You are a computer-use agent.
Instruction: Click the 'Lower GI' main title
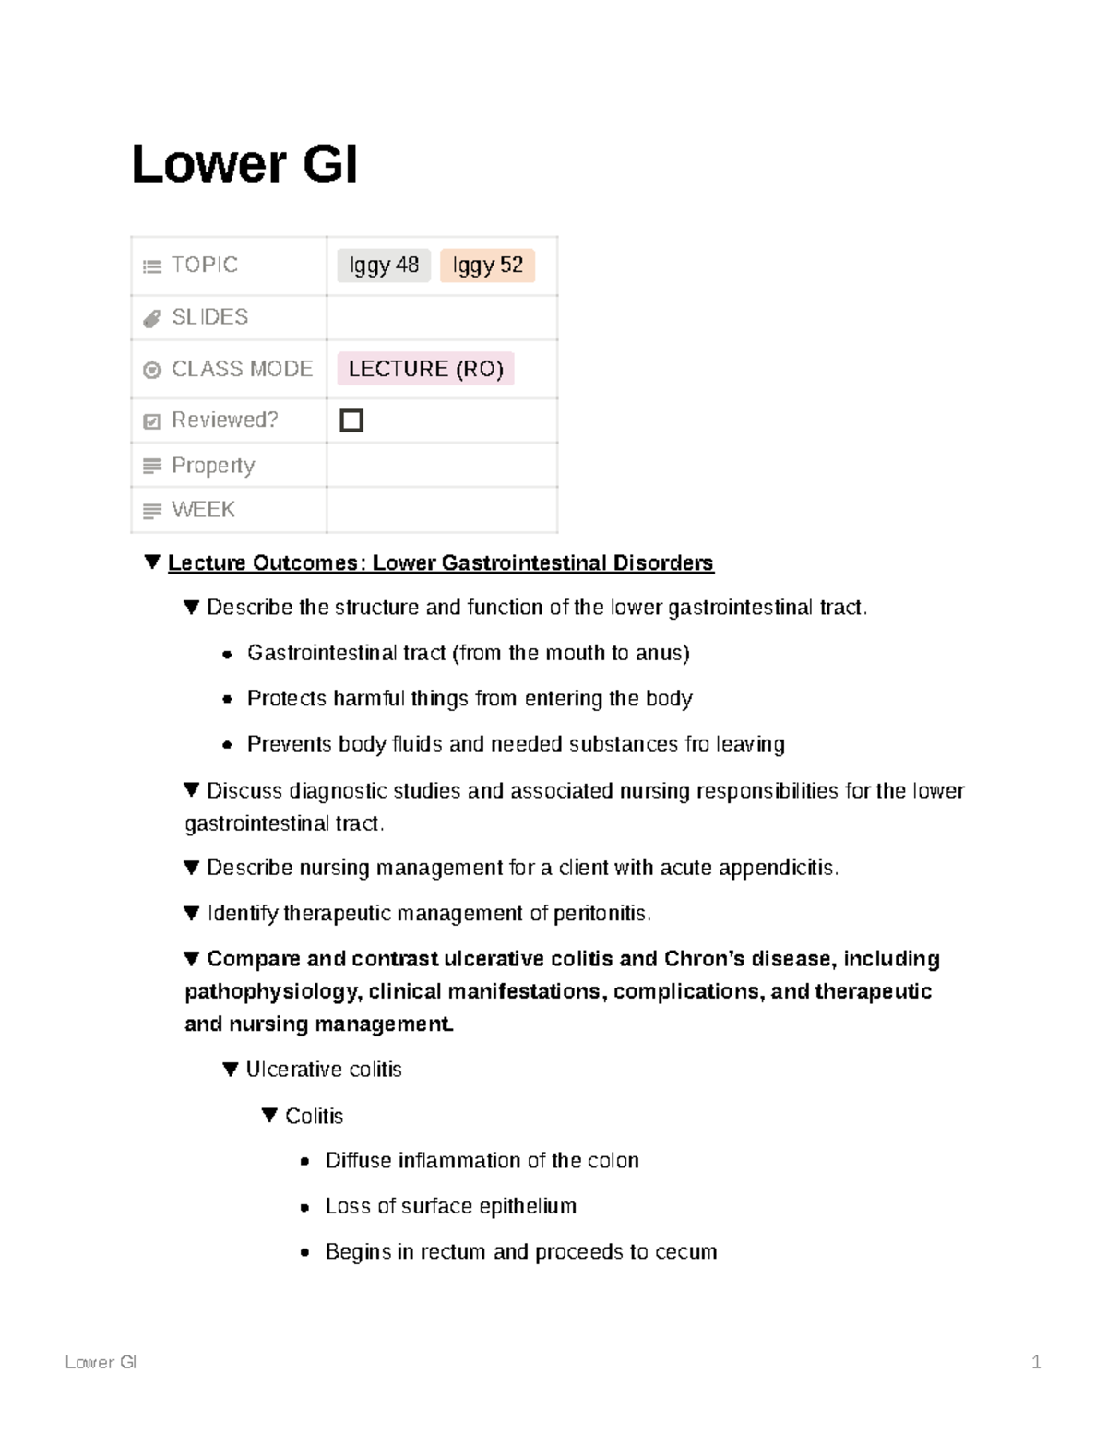pyautogui.click(x=244, y=165)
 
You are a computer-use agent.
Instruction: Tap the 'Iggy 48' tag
pyautogui.click(x=384, y=266)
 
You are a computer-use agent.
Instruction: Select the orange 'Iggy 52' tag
pyautogui.click(x=487, y=266)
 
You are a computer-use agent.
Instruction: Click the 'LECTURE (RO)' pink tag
pyautogui.click(x=425, y=369)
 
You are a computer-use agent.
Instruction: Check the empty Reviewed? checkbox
pyautogui.click(x=351, y=420)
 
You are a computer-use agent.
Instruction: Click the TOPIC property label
pyautogui.click(x=204, y=266)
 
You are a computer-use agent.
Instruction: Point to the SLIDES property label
pyautogui.click(x=209, y=317)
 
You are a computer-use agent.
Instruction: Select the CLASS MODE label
pyautogui.click(x=242, y=369)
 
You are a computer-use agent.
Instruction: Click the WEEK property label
pyautogui.click(x=203, y=510)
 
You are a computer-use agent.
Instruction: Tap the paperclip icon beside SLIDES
pyautogui.click(x=152, y=319)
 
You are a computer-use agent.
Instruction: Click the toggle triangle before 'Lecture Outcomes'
pyautogui.click(x=153, y=562)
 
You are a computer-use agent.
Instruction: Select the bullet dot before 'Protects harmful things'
pyautogui.click(x=227, y=700)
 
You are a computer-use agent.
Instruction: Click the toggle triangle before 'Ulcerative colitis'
pyautogui.click(x=231, y=1070)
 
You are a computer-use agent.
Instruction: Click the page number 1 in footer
pyautogui.click(x=1036, y=1363)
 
